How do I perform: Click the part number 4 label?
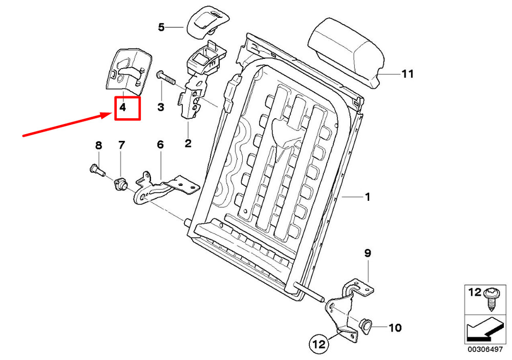pyautogui.click(x=123, y=108)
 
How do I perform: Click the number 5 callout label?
pyautogui.click(x=161, y=27)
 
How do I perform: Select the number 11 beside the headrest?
pyautogui.click(x=407, y=74)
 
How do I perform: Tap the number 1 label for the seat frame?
pyautogui.click(x=367, y=197)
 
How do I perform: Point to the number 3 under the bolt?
pyautogui.click(x=161, y=108)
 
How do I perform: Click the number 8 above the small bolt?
pyautogui.click(x=99, y=145)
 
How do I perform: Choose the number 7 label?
pyautogui.click(x=121, y=145)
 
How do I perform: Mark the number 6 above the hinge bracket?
pyautogui.click(x=160, y=145)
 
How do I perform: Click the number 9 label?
pyautogui.click(x=368, y=253)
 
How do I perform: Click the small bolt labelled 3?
pyautogui.click(x=166, y=77)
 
